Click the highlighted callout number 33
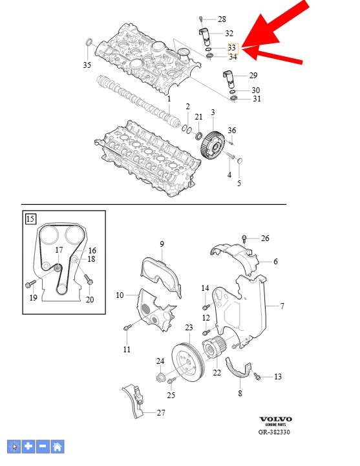pyautogui.click(x=232, y=48)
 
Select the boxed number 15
pyautogui.click(x=30, y=219)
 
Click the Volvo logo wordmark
pyautogui.click(x=275, y=419)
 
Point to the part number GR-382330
pyautogui.click(x=274, y=432)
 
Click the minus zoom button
pyautogui.click(x=43, y=447)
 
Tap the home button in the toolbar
pyautogui.click(x=58, y=447)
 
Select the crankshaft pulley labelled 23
pyautogui.click(x=188, y=363)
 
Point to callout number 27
pyautogui.click(x=161, y=412)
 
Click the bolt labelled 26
pyautogui.click(x=244, y=238)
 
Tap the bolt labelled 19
pyautogui.click(x=30, y=284)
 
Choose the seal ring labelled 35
pyautogui.click(x=89, y=43)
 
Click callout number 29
pyautogui.click(x=253, y=76)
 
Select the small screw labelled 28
pyautogui.click(x=201, y=19)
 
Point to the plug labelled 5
pyautogui.click(x=239, y=161)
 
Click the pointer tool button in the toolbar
pyautogui.click(x=14, y=447)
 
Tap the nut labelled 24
pyautogui.click(x=160, y=377)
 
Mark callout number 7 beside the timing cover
pyautogui.click(x=282, y=306)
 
